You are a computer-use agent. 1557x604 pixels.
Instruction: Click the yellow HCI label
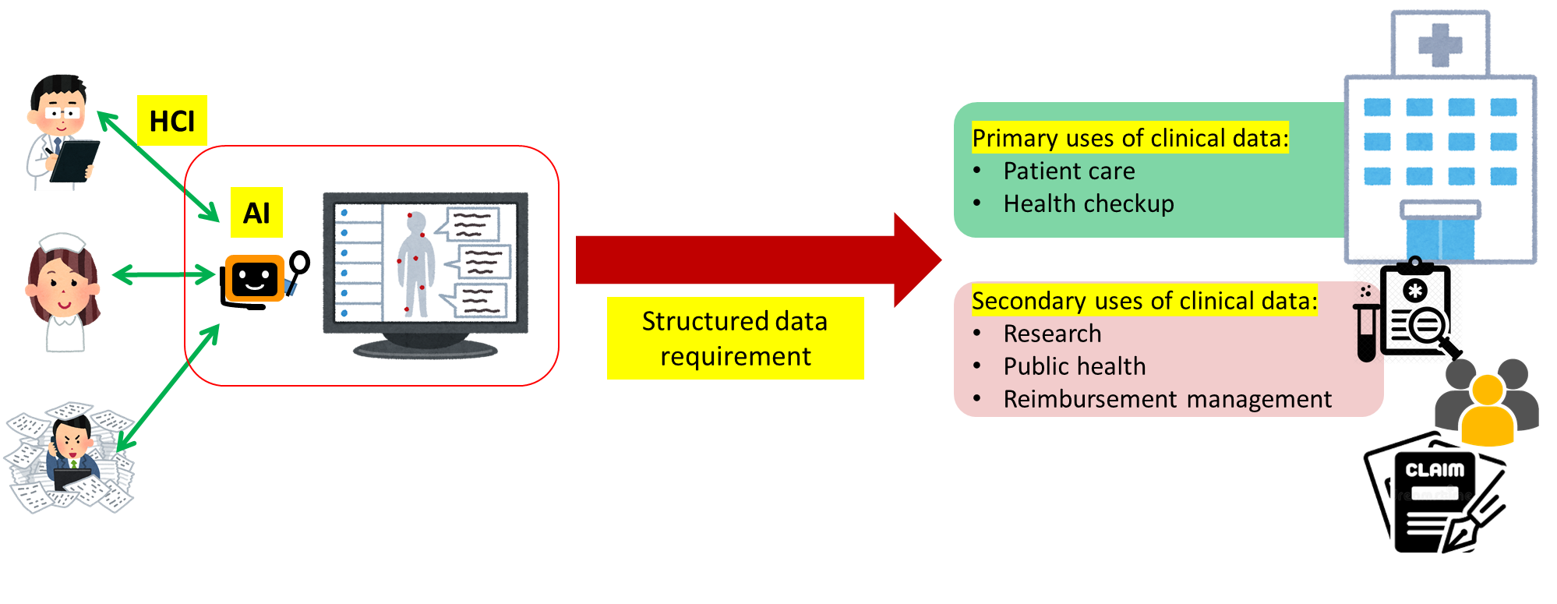171,121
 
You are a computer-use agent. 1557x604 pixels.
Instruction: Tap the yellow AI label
256,212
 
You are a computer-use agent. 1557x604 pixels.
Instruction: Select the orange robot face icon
255,278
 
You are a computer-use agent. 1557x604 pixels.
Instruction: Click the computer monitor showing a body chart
425,273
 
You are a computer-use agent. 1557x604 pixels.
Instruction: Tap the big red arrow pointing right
756,260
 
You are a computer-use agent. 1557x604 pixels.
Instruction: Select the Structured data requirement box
735,338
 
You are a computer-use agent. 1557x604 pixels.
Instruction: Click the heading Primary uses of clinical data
1130,138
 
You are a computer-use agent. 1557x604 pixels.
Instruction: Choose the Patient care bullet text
1068,171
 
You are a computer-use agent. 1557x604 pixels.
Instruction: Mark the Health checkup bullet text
1088,203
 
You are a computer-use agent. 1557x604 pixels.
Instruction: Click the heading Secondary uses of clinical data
1144,301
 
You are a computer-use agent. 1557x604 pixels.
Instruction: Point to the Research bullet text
1052,334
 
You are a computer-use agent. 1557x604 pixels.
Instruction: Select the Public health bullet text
1074,366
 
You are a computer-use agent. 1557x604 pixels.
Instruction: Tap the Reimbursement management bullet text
1167,399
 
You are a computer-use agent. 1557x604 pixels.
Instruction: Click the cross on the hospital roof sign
1439,45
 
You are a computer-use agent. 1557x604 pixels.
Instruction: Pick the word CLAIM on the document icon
1435,470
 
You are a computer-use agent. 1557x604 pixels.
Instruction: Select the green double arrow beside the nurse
164,274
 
